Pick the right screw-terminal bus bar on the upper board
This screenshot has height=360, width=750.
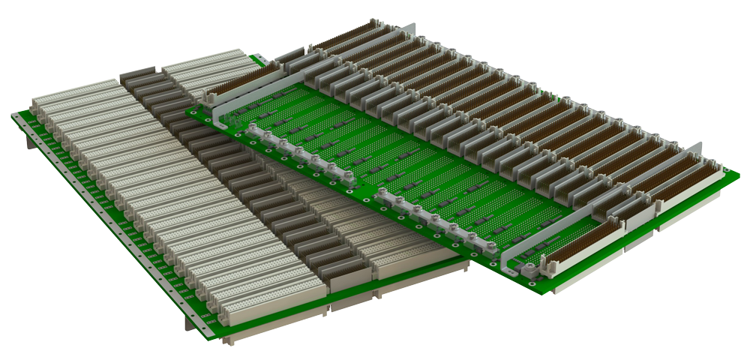(x=435, y=221)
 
